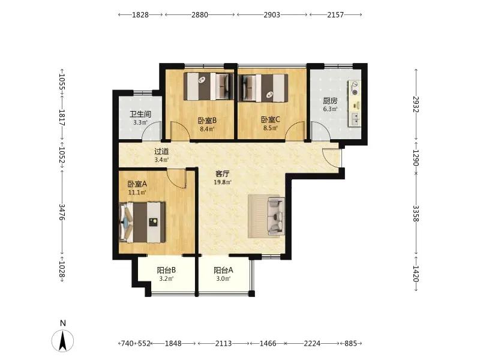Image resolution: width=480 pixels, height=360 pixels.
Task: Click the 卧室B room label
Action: coord(207,121)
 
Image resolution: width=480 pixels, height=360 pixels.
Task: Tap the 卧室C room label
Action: coord(271,119)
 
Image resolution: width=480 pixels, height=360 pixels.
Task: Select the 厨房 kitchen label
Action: coord(330,101)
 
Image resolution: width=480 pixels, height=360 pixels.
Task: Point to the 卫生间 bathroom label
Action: coord(140,114)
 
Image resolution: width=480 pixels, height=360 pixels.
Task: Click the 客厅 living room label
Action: coord(223,174)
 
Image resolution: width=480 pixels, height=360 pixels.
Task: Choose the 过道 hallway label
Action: coord(161,152)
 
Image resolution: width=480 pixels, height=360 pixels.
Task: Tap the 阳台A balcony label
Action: coord(223,271)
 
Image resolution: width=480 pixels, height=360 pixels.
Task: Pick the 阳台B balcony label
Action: coord(166,271)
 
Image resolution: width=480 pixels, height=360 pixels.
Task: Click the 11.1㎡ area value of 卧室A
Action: coord(137,193)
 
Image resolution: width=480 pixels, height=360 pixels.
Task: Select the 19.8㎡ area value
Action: coord(223,182)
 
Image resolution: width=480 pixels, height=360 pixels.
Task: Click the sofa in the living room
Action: coord(277,216)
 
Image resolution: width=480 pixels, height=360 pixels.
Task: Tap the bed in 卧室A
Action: coord(142,222)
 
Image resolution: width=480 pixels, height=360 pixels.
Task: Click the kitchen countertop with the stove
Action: coord(355,103)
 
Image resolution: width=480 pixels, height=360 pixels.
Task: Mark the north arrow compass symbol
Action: coord(63,340)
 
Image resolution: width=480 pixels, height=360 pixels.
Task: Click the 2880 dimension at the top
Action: coord(200,14)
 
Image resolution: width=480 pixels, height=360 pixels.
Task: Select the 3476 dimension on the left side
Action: coord(62,212)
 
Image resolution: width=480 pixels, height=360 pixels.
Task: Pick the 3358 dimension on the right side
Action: coord(416,213)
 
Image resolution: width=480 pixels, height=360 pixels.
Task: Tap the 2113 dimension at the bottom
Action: coord(223,343)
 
